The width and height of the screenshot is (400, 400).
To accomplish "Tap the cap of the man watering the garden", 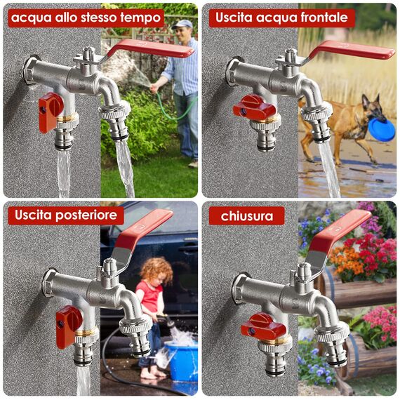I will [182, 24].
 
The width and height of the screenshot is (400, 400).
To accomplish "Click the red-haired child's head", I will [156, 270].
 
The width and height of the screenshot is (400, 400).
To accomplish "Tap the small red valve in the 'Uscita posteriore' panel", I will [67, 326].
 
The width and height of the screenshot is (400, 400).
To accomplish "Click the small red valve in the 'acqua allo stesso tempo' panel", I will [50, 112].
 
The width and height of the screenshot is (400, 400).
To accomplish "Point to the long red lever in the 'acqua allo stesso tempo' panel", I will [150, 48].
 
